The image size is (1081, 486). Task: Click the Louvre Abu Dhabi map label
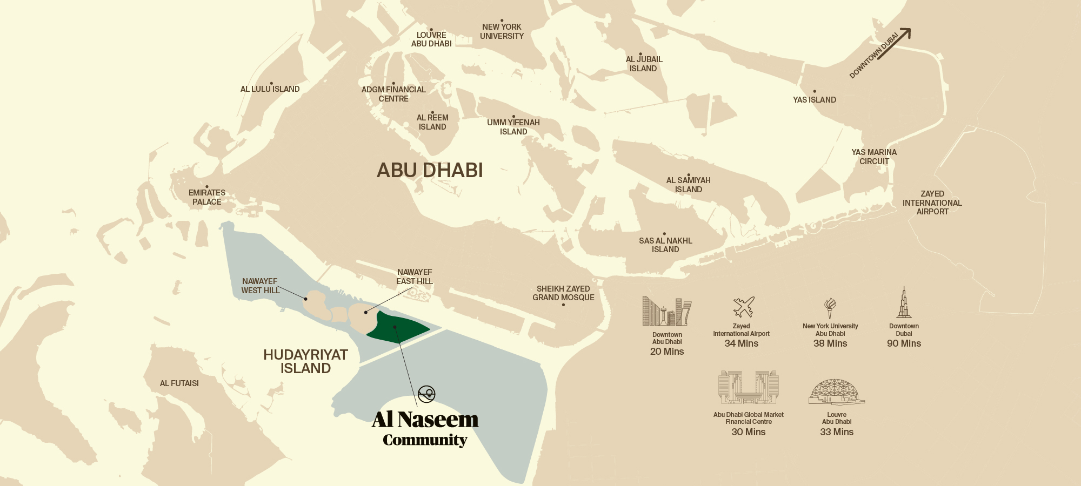pyautogui.click(x=431, y=39)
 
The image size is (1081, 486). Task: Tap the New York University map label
pyautogui.click(x=502, y=31)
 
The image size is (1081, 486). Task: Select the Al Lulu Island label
pyautogui.click(x=270, y=89)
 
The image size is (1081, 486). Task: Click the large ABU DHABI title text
pyautogui.click(x=430, y=171)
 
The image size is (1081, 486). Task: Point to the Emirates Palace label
pyautogui.click(x=207, y=197)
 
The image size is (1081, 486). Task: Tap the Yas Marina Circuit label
pyautogui.click(x=874, y=157)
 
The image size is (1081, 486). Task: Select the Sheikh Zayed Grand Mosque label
pyautogui.click(x=563, y=293)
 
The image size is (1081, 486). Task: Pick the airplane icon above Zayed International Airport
pyautogui.click(x=743, y=307)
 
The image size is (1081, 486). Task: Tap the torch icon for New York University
pyautogui.click(x=830, y=308)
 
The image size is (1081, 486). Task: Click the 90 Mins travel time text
pyautogui.click(x=904, y=343)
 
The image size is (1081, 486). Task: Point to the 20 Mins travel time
pyautogui.click(x=667, y=352)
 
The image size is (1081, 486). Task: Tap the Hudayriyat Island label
pyautogui.click(x=305, y=362)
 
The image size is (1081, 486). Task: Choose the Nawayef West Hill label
pyautogui.click(x=260, y=286)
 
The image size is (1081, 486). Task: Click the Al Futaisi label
pyautogui.click(x=179, y=383)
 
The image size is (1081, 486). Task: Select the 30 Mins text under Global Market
pyautogui.click(x=748, y=432)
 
